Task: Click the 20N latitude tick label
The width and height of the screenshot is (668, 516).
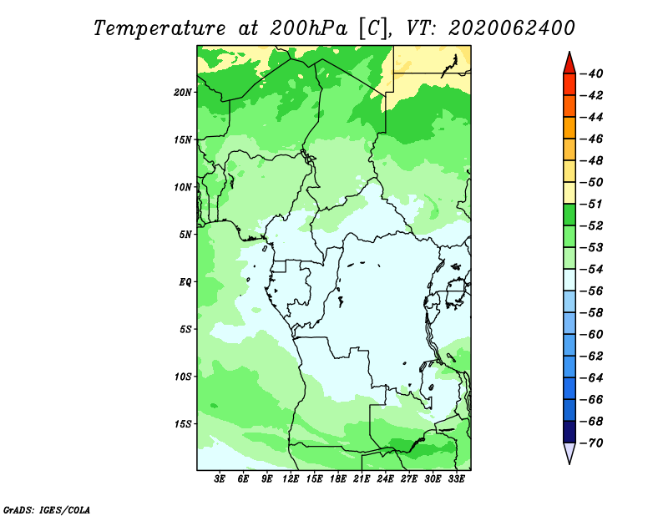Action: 182,93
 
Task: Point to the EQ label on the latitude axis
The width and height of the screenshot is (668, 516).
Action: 185,282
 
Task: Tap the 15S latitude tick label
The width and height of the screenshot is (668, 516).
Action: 183,424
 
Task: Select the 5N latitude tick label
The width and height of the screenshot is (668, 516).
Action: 185,235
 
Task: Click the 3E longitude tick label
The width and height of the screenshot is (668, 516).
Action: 220,478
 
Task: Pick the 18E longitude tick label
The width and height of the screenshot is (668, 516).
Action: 338,478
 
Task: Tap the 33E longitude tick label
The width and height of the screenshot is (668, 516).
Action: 456,478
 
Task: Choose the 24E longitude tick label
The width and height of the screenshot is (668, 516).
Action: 385,478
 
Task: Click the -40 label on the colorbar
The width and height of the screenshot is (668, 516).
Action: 592,73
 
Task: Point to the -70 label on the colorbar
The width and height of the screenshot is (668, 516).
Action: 592,443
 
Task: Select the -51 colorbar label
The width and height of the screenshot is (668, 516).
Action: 592,204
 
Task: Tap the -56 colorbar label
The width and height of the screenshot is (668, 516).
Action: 592,291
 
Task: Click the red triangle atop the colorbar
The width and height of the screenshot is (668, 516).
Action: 569,64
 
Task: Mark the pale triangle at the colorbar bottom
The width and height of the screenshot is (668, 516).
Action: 569,453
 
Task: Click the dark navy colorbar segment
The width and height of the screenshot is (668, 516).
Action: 569,432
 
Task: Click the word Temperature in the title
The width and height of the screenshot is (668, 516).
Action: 159,28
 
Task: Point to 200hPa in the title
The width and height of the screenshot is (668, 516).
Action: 308,28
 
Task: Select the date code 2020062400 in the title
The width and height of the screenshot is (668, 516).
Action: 511,28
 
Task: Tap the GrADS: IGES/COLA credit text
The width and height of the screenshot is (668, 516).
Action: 47,510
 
